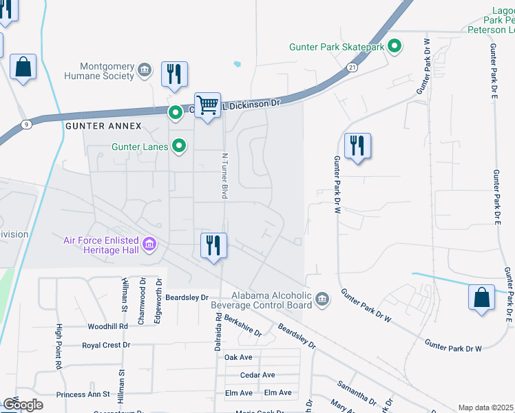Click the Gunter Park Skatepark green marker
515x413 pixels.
395,47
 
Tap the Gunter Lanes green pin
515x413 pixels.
179,146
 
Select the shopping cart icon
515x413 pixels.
207,105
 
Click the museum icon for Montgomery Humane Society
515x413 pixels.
145,70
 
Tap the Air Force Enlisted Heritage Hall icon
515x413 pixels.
149,244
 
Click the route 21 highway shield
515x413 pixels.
352,67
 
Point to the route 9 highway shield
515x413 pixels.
26,125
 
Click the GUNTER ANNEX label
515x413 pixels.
103,127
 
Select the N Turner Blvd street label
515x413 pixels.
224,176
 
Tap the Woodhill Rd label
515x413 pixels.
108,326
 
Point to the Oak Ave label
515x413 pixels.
238,357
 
